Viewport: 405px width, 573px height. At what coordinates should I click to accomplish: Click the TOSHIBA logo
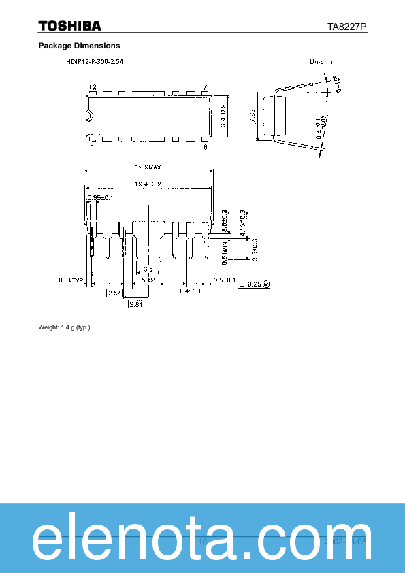tap(70, 26)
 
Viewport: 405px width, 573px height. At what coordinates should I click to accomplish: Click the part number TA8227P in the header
tap(347, 27)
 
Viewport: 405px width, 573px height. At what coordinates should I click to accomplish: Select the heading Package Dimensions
tap(79, 46)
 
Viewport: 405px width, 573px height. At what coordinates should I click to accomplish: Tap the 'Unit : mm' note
tap(326, 61)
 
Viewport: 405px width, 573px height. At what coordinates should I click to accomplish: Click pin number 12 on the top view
tap(93, 88)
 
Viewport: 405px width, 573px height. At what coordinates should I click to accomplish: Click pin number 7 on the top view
tap(206, 88)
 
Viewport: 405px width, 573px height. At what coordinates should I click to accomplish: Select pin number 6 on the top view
tap(206, 146)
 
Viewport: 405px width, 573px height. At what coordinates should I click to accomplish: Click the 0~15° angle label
tap(335, 87)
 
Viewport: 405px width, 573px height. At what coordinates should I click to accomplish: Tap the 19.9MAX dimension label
tap(148, 167)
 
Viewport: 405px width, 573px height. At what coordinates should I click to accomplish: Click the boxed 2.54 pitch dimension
tap(114, 292)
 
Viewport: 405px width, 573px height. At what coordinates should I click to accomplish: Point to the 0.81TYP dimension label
tap(70, 280)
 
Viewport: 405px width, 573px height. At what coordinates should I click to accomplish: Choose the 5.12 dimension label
tap(148, 280)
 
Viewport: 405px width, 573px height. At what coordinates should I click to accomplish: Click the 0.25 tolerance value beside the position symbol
tap(254, 284)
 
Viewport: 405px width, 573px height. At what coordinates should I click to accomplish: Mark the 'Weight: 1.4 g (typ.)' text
tap(64, 327)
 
